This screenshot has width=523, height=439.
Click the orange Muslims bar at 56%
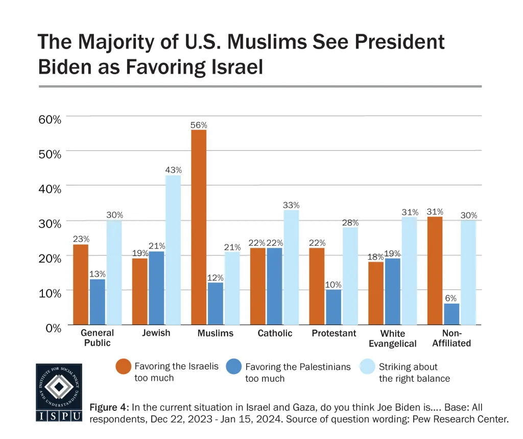199,227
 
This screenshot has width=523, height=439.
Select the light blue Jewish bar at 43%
173,250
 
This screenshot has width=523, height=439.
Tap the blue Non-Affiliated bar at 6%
451,314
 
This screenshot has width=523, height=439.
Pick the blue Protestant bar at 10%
334,307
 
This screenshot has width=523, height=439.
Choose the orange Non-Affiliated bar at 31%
435,271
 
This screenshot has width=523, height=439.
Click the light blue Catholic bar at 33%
291,267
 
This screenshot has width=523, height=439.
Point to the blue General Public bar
98,302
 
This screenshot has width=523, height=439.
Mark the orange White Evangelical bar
376,293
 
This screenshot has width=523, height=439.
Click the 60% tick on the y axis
50,119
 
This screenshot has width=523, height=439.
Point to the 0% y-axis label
53,328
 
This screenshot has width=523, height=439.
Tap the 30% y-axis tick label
50,223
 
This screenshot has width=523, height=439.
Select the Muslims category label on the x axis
215,333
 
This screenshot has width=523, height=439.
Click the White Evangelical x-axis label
392,338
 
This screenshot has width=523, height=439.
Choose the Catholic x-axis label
275,333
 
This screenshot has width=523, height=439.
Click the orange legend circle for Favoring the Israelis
123,366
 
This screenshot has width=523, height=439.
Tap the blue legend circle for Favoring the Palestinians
234,366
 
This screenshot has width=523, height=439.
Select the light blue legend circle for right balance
367,366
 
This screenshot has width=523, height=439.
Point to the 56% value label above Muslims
199,125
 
